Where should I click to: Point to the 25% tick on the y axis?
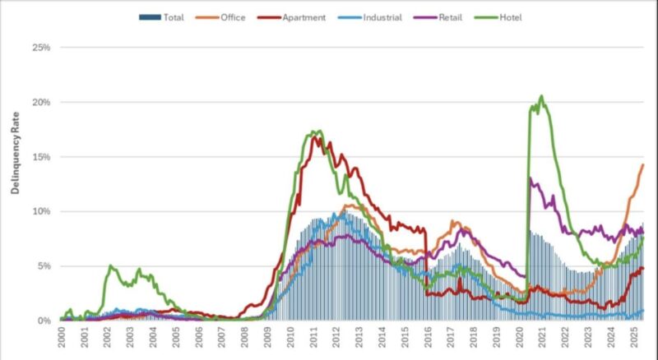click(40, 48)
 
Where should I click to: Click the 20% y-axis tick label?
click(40, 103)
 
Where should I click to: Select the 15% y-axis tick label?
click(40, 157)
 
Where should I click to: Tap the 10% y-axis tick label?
click(40, 211)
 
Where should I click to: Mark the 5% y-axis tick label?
click(43, 266)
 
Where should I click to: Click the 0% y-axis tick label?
click(43, 321)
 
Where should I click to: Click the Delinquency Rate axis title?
click(15, 156)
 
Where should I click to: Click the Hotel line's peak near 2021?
click(541, 96)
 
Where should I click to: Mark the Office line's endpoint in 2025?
click(642, 165)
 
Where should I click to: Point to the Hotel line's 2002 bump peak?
click(110, 266)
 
